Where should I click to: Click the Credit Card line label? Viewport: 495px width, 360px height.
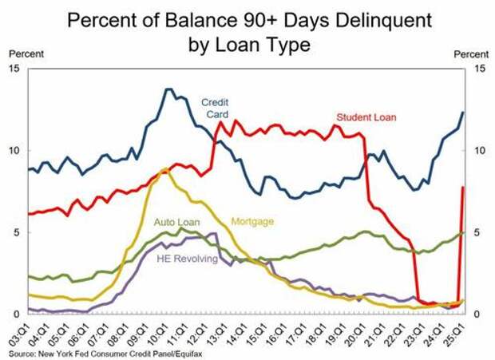click(215, 108)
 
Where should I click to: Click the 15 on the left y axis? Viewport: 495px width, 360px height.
click(16, 69)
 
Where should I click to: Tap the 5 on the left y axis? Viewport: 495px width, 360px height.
click(18, 232)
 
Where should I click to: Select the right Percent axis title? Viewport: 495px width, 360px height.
click(469, 53)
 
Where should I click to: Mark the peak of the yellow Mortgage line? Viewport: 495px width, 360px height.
click(164, 169)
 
